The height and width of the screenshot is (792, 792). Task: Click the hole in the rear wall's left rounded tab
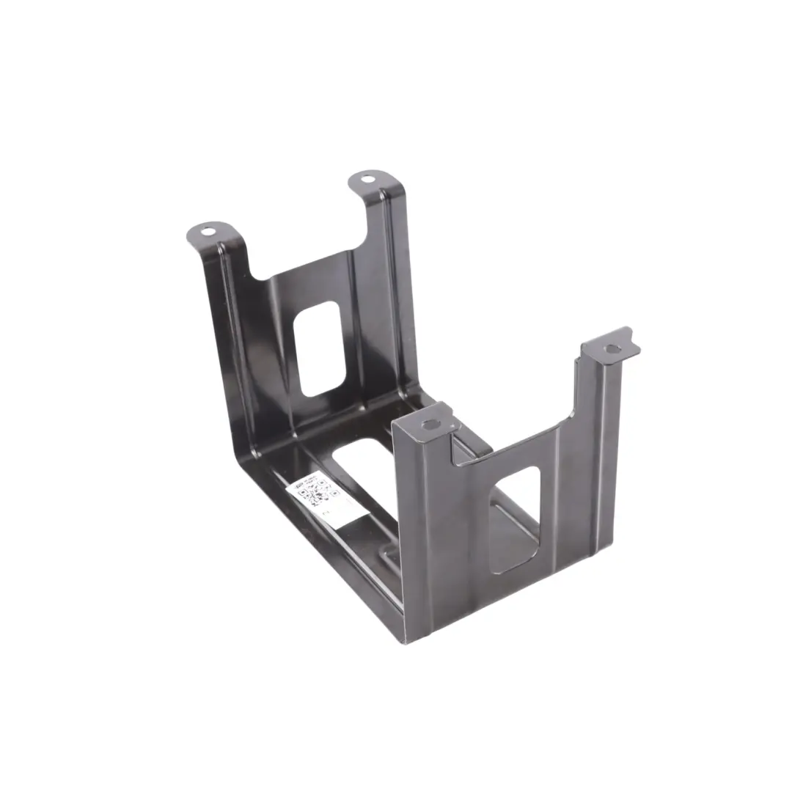tap(208, 232)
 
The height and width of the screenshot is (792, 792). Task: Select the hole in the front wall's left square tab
tap(430, 424)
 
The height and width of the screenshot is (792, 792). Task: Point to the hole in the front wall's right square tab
tap(612, 348)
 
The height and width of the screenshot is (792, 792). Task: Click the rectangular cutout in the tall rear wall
tap(320, 349)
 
